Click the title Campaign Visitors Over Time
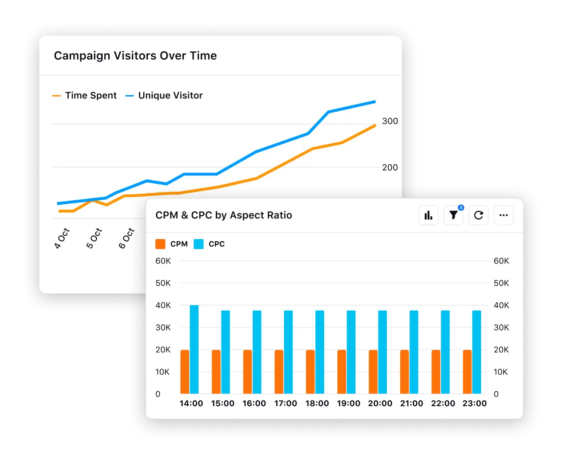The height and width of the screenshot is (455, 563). tap(135, 56)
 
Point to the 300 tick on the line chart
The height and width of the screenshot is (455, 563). tap(390, 121)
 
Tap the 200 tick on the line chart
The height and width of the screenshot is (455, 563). tap(390, 168)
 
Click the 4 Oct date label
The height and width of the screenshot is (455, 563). tap(62, 238)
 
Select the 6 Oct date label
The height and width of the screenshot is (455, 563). tap(127, 238)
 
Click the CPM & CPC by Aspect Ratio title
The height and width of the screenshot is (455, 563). tap(224, 215)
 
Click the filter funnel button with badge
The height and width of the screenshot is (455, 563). tap(453, 215)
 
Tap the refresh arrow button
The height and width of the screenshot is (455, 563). tap(479, 215)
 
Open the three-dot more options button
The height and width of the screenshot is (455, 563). tap(503, 215)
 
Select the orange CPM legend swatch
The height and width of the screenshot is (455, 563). tap(160, 244)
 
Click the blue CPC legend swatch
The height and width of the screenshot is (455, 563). tap(199, 244)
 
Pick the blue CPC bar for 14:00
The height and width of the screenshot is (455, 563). tap(194, 350)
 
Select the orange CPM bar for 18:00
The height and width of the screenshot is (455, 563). tap(310, 372)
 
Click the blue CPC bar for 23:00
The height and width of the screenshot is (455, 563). tap(476, 352)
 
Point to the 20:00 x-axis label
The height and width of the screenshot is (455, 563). tap(380, 403)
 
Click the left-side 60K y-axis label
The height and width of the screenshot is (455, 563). tap(163, 261)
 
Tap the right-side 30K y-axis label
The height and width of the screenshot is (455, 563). tap(501, 328)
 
